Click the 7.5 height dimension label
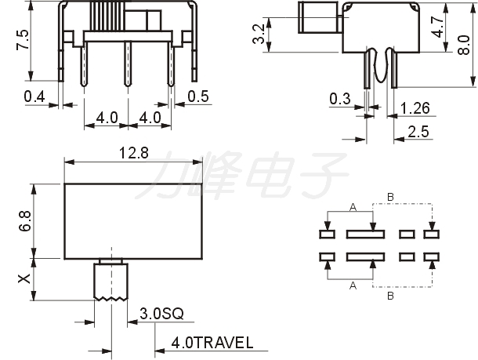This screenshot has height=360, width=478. click(x=23, y=39)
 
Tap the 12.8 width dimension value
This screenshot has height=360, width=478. click(x=133, y=153)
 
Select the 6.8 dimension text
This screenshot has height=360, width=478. click(x=25, y=221)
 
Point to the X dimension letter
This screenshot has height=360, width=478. click(x=24, y=278)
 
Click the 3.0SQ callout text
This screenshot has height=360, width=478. click(x=162, y=313)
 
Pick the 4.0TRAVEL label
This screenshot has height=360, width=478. click(x=212, y=343)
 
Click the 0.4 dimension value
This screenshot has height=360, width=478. click(x=34, y=96)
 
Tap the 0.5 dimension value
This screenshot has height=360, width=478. click(x=198, y=96)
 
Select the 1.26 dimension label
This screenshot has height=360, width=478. click(x=415, y=108)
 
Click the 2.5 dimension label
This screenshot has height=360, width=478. click(x=418, y=132)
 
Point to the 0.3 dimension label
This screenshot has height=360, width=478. click(x=340, y=99)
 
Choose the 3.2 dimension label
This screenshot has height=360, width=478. click(x=259, y=34)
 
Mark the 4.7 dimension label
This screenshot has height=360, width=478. click(x=438, y=27)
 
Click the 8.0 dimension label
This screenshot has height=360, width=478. click(x=464, y=45)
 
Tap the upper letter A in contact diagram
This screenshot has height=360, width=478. click(x=353, y=208)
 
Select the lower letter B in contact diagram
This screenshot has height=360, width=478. click(x=390, y=296)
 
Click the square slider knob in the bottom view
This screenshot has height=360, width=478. click(x=111, y=280)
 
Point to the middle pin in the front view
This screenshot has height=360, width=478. click(x=128, y=64)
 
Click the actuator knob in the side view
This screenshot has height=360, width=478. click(x=318, y=17)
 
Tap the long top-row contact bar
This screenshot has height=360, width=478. click(x=365, y=235)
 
